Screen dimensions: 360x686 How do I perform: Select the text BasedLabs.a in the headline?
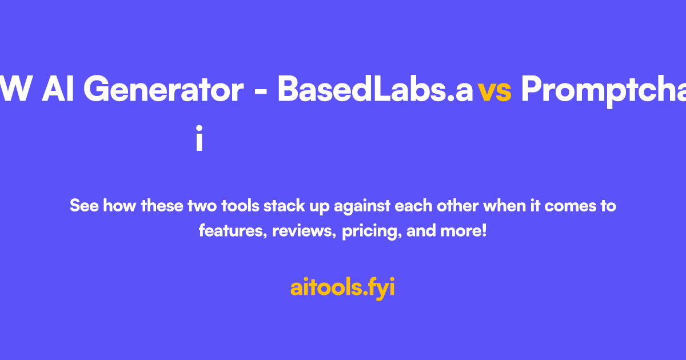(x=376, y=90)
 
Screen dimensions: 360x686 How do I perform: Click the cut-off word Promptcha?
(x=603, y=90)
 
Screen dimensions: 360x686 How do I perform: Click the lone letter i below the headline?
(x=199, y=140)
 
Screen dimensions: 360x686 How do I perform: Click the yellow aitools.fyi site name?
(x=342, y=287)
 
